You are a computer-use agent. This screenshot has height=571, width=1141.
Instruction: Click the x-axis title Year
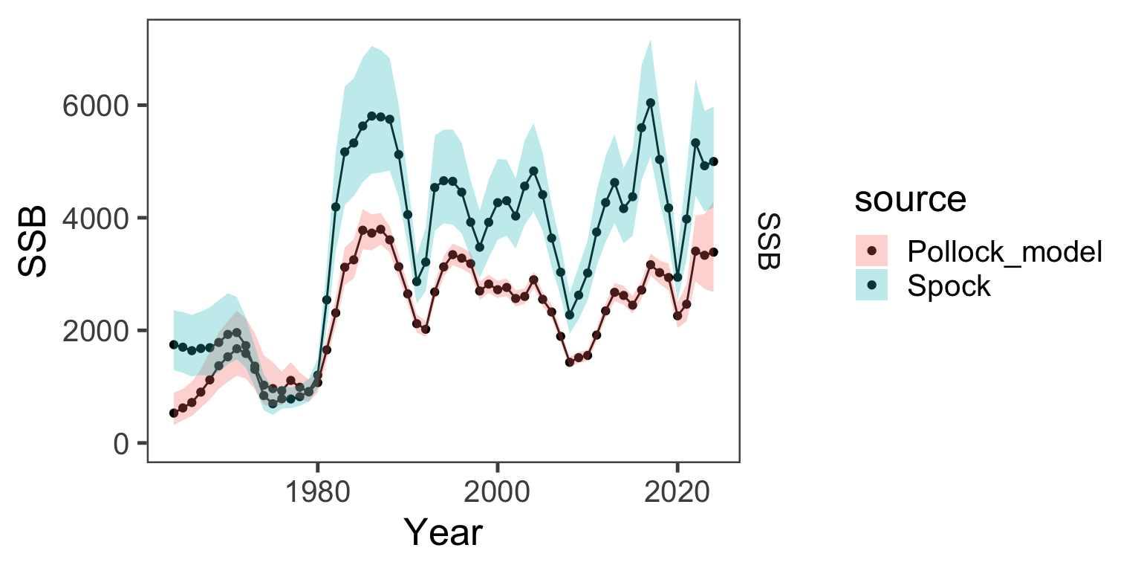pos(443,533)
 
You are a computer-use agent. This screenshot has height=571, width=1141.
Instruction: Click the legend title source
pos(910,199)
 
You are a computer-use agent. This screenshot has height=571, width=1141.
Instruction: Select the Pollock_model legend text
pos(1004,253)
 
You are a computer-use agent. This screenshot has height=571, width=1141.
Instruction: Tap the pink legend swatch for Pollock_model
pos(873,253)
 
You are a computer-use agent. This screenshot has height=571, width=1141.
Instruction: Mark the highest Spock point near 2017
pos(651,103)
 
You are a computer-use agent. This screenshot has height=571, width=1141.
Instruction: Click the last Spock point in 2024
pos(714,161)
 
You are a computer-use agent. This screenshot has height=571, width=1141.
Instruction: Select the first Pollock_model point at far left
pos(174,413)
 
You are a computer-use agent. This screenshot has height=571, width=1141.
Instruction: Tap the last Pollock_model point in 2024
pos(714,252)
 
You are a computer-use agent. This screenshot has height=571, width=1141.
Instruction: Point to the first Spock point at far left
pos(174,344)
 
